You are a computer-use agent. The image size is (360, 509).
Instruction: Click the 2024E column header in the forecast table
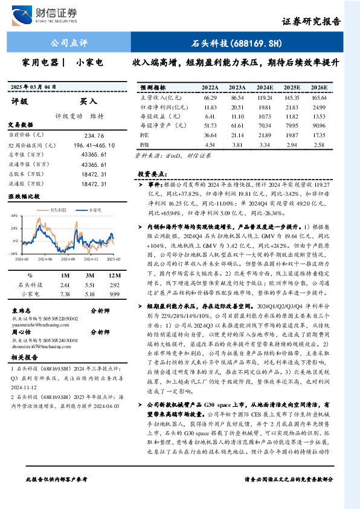pyautogui.click(x=265, y=87)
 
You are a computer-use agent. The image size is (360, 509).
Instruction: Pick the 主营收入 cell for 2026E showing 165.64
pyautogui.click(x=320, y=97)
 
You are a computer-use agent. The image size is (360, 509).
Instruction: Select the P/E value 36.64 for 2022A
pyautogui.click(x=210, y=135)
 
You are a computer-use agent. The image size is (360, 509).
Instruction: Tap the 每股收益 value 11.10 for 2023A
pyautogui.click(x=237, y=116)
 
